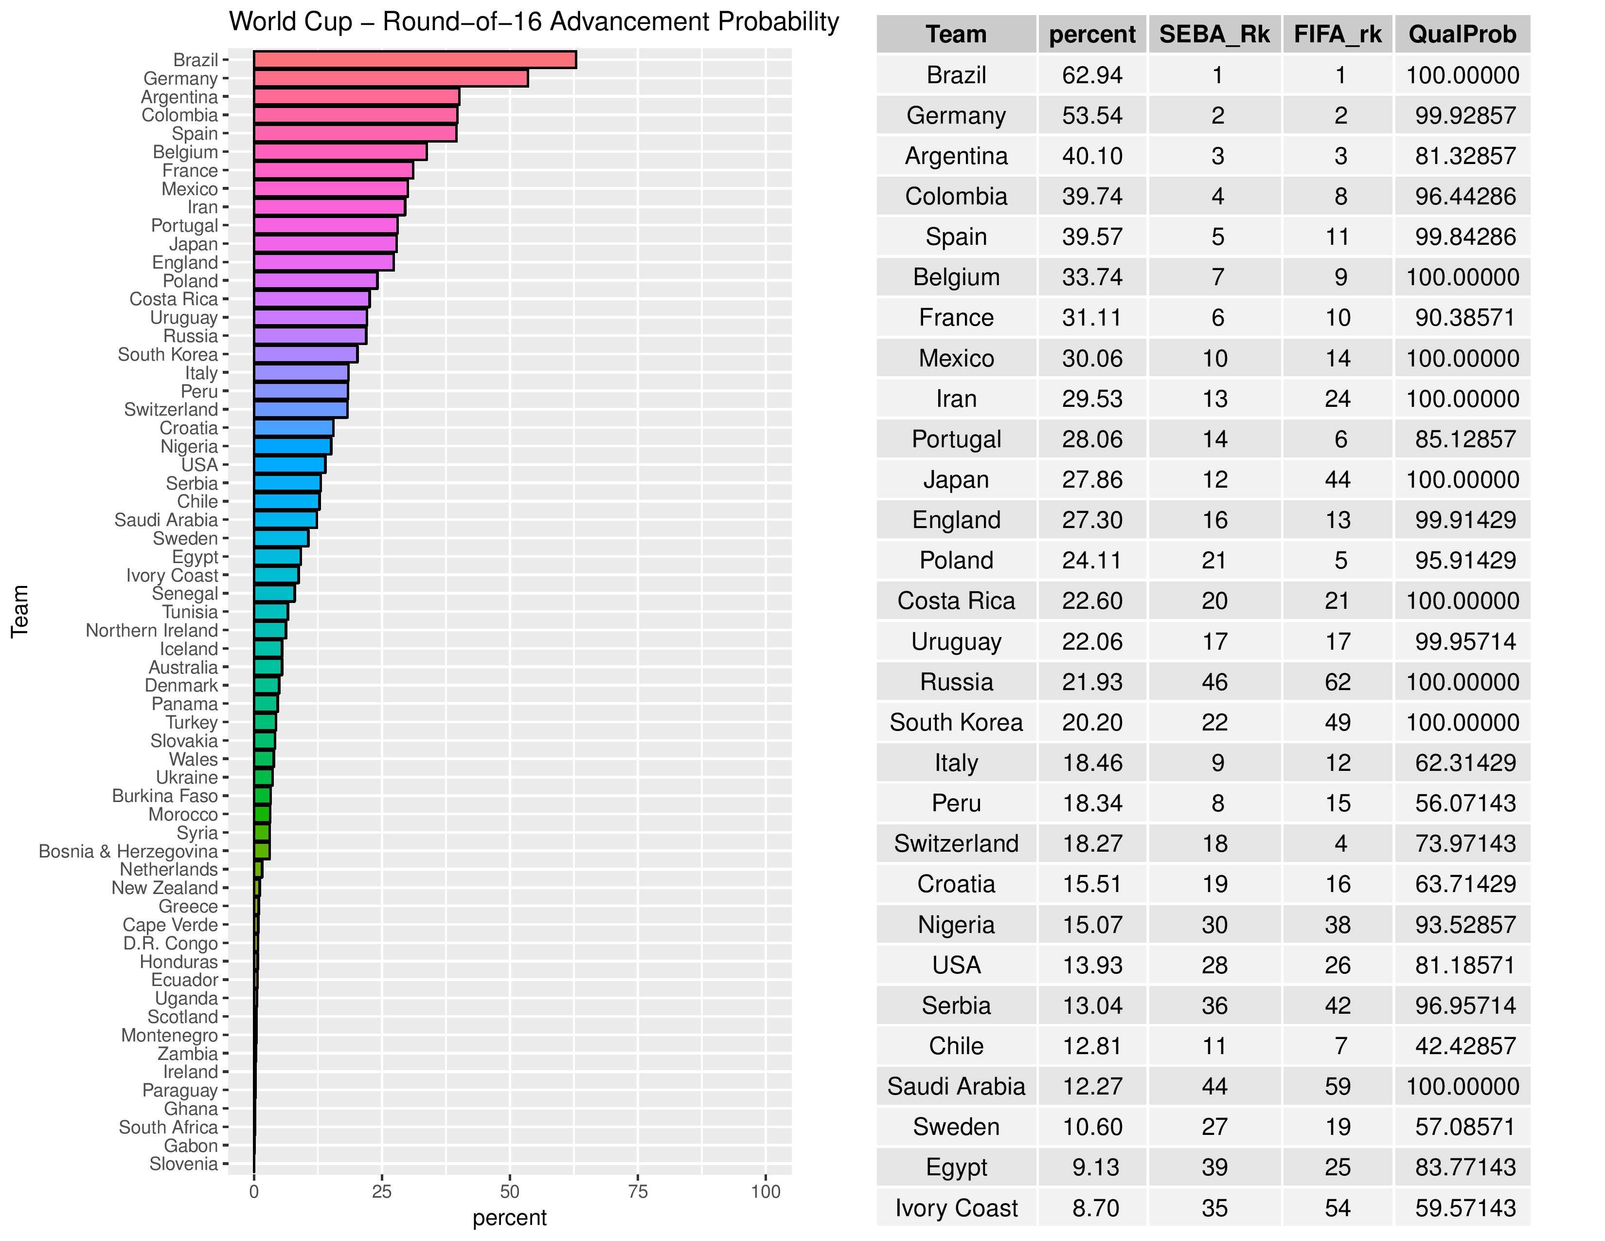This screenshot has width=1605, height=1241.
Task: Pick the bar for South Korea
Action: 306,354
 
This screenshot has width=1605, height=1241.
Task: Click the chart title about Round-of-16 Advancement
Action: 534,22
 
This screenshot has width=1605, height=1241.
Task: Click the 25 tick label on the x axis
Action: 381,1192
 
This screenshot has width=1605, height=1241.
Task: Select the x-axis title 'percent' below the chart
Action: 509,1218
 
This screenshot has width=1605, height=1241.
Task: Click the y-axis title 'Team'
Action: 20,611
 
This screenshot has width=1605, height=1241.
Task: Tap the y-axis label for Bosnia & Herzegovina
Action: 128,851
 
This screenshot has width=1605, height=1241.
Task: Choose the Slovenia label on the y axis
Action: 184,1164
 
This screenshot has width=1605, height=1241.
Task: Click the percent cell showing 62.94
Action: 1092,75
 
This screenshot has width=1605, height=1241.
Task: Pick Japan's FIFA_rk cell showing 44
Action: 1337,479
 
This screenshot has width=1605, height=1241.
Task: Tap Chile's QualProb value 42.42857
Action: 1464,1045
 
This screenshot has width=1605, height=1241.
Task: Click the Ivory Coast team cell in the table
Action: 956,1208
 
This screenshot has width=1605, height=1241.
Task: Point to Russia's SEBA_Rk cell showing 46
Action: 1215,681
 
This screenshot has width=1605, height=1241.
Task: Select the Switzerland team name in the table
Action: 956,843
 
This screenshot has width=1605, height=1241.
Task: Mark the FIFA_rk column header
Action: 1337,35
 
